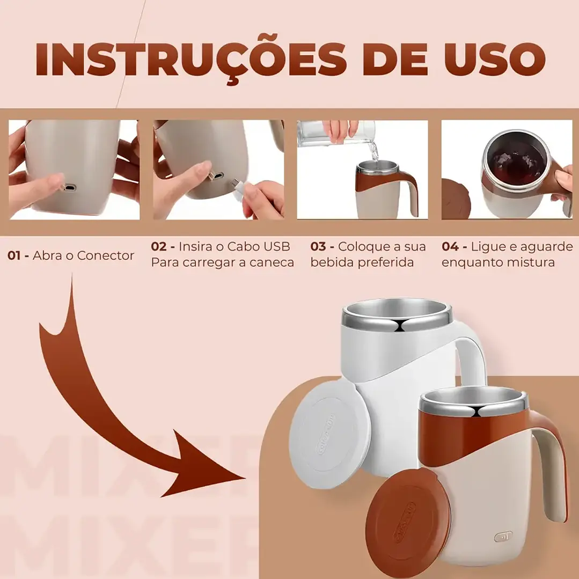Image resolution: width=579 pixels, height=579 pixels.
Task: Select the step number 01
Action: click(16, 256)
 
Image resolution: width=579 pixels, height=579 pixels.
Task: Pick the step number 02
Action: click(159, 247)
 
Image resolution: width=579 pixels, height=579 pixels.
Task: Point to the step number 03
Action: click(318, 247)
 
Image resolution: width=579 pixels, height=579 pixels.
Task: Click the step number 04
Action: click(450, 247)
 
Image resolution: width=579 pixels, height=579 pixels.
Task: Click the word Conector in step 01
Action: click(105, 256)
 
